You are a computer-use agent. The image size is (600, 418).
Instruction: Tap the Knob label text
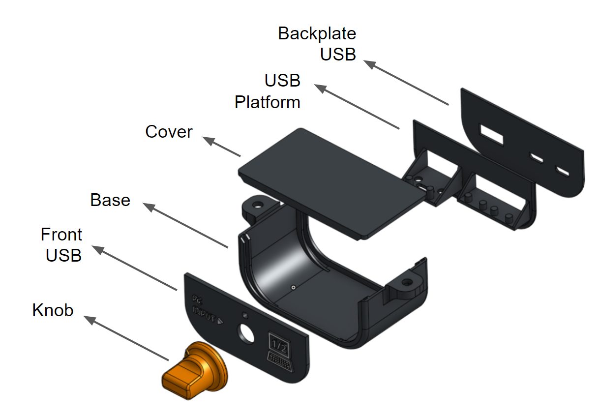pyautogui.click(x=53, y=310)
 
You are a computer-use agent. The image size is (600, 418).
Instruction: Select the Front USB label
pyautogui.click(x=62, y=245)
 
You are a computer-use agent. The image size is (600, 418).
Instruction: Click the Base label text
pyautogui.click(x=110, y=200)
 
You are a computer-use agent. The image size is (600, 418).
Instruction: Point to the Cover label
pyautogui.click(x=169, y=132)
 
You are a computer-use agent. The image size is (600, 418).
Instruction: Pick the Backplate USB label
pyautogui.click(x=318, y=44)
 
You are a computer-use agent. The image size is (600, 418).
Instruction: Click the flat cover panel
pyautogui.click(x=330, y=182)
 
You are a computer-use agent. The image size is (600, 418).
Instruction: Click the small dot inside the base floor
pyautogui.click(x=293, y=286)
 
